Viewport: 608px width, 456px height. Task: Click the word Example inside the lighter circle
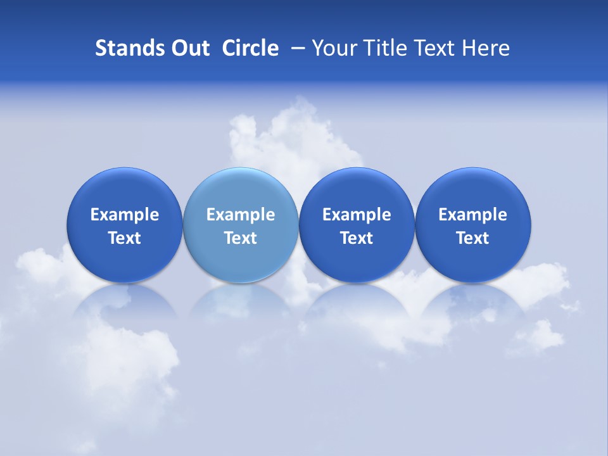click(241, 215)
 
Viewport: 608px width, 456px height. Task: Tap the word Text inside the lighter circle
click(241, 238)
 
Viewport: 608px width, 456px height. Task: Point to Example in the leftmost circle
click(124, 215)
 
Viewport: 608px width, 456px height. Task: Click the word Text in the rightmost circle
click(473, 238)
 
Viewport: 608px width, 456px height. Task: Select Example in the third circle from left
click(357, 215)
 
